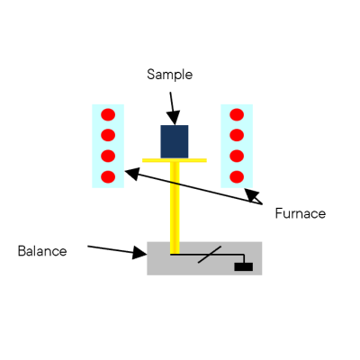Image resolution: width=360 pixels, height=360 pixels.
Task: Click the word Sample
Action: click(169, 75)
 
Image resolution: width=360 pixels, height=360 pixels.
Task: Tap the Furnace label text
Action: click(301, 213)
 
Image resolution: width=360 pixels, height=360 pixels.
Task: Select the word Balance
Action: click(42, 251)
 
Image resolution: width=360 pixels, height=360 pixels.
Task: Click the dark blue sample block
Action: click(175, 141)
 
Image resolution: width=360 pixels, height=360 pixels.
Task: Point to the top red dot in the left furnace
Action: click(108, 114)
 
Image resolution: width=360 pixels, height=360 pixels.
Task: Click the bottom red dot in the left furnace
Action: click(108, 176)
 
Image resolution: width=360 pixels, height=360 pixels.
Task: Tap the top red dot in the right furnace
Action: click(237, 114)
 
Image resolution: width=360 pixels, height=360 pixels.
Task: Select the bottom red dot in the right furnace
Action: click(237, 176)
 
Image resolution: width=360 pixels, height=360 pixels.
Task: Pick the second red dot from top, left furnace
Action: click(108, 135)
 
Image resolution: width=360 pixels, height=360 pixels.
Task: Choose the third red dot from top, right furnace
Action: click(237, 156)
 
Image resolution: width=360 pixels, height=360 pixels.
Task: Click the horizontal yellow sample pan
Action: click(175, 160)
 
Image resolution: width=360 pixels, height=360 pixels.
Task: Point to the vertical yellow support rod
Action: click(175, 208)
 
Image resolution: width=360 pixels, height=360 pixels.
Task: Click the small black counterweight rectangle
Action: click(244, 266)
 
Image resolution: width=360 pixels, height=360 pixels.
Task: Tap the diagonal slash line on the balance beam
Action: click(210, 255)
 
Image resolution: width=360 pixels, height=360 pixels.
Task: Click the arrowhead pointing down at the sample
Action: click(174, 118)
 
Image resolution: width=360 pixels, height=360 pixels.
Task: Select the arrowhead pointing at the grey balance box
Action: click(139, 253)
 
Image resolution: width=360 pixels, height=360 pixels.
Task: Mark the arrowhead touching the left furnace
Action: click(132, 174)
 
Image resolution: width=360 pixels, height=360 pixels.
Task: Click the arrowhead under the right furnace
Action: click(251, 195)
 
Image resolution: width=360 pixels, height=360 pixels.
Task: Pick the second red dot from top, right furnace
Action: click(237, 135)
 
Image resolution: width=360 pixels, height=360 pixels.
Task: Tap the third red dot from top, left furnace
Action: click(108, 156)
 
